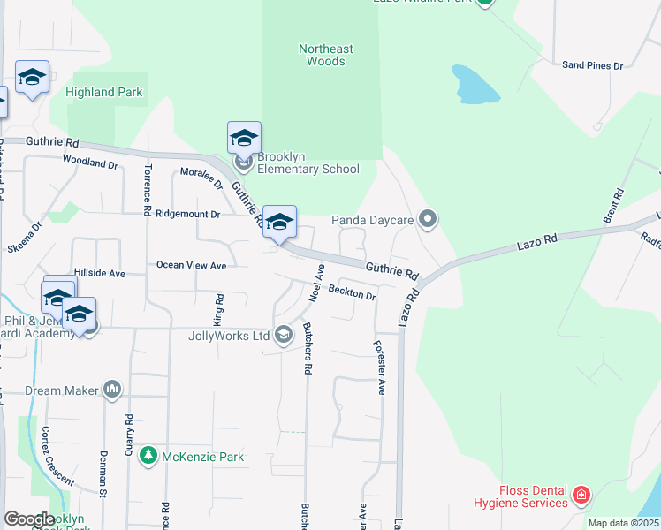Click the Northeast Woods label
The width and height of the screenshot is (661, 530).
325,55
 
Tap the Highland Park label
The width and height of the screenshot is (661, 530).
104,92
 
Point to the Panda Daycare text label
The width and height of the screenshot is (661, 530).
373,220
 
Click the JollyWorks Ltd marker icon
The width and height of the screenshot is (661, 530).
284,335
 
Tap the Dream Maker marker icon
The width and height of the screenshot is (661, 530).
112,389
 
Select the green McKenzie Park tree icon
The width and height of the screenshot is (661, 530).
148,457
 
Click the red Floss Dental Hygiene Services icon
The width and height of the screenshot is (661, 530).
581,495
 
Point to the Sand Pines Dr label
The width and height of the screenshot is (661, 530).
593,65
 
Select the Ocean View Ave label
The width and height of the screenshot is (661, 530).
192,265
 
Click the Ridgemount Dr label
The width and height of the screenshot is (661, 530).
187,214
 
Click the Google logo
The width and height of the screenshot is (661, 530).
30,519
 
